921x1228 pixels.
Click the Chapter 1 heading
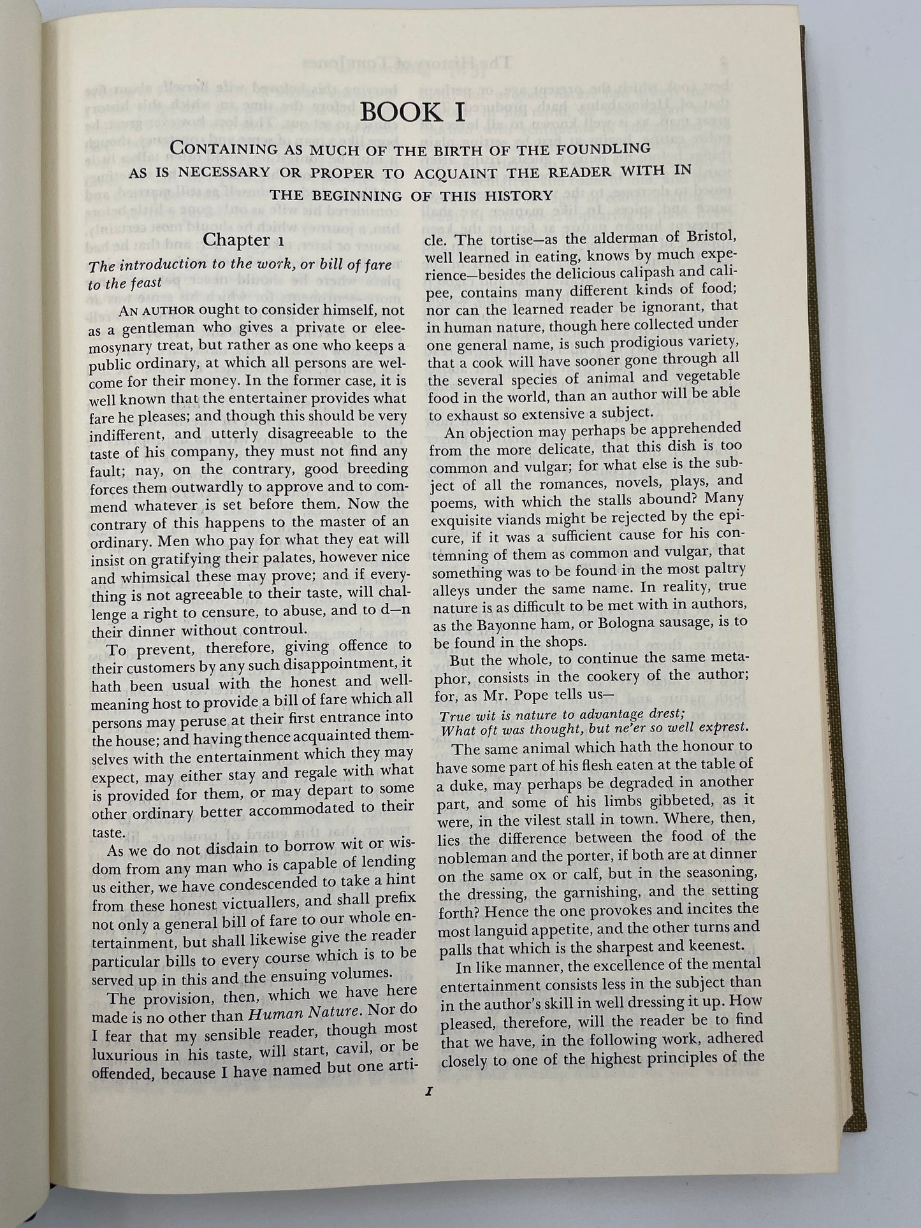[236, 240]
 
